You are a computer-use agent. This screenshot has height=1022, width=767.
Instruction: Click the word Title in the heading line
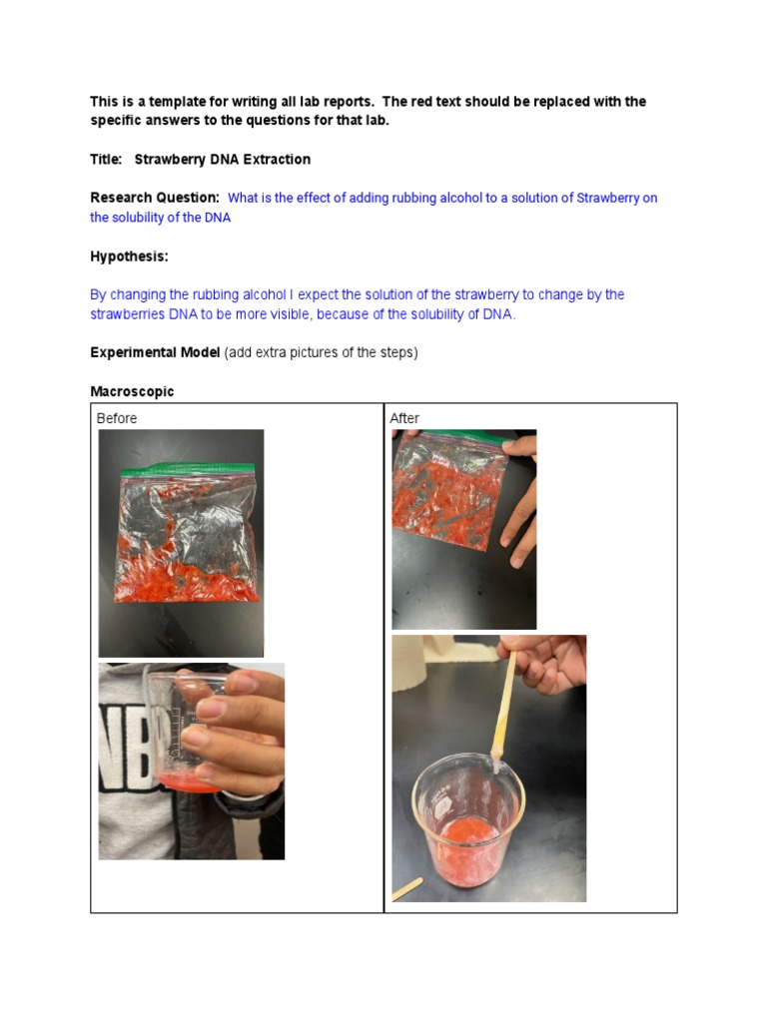(105, 160)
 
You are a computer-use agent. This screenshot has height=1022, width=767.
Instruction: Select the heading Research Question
(154, 198)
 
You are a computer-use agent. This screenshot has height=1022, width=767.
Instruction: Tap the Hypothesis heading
(129, 256)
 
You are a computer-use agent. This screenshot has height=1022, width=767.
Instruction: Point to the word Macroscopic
(132, 391)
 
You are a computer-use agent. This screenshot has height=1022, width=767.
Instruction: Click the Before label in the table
(117, 418)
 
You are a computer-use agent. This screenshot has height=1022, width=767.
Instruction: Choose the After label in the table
(404, 418)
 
